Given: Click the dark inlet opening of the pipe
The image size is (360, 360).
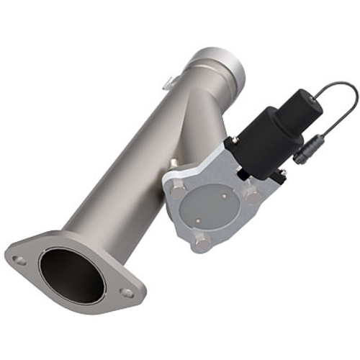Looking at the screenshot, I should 72,276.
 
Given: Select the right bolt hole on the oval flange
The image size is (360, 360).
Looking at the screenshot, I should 127,293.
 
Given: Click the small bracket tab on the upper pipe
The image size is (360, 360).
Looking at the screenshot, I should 170,79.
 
